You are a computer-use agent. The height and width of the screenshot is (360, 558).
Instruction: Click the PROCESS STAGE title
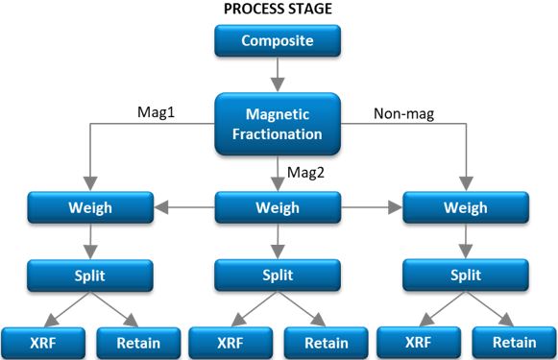(278, 10)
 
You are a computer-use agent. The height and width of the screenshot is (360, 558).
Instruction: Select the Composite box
(278, 41)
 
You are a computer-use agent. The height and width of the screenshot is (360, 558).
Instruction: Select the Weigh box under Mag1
(89, 207)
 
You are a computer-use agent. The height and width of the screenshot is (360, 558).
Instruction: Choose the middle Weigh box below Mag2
(278, 207)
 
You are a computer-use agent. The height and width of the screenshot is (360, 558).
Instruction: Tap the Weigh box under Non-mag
(467, 207)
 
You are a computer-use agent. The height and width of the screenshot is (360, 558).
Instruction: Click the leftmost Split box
(89, 274)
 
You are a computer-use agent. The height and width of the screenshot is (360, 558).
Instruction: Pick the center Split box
(278, 274)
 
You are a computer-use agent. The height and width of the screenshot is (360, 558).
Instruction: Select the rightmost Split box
(467, 274)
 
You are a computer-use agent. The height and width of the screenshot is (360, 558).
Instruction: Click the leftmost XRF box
(40, 341)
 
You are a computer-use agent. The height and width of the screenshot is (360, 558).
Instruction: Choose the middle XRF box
(230, 341)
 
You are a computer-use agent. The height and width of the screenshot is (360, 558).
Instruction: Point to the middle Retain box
(326, 341)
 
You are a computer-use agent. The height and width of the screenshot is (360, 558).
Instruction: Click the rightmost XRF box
(419, 341)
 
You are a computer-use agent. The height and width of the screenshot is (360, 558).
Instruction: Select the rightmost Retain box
(515, 341)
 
